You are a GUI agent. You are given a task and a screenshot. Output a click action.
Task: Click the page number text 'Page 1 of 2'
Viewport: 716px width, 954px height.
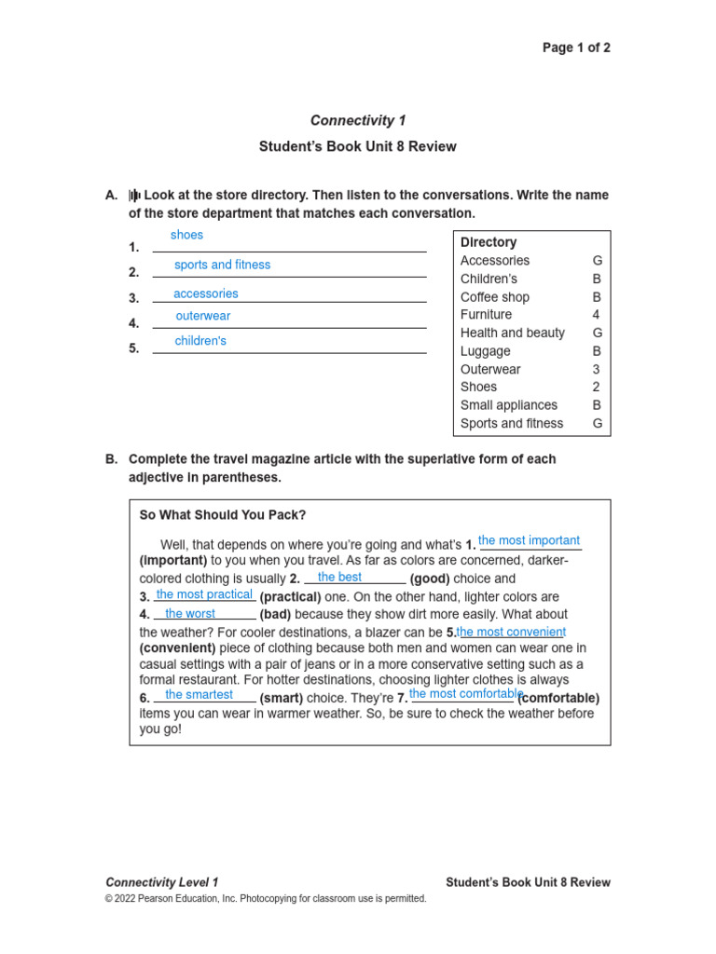coord(576,48)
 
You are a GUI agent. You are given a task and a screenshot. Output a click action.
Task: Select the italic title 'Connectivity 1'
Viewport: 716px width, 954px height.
coord(358,120)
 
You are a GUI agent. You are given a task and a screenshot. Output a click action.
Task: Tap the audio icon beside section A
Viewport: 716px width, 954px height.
coord(134,196)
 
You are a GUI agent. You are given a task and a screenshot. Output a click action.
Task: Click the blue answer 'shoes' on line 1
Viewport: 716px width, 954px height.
coord(186,235)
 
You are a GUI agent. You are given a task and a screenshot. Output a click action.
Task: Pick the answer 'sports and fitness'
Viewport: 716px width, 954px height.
coord(222,265)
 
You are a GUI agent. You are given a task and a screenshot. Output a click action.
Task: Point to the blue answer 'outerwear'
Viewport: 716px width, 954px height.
coord(202,316)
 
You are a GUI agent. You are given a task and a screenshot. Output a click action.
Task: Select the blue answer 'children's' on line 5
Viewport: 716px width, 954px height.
coord(200,341)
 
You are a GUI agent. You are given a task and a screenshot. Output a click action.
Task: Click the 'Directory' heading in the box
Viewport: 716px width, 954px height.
coord(489,242)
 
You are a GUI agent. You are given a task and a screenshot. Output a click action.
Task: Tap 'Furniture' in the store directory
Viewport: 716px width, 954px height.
coord(486,315)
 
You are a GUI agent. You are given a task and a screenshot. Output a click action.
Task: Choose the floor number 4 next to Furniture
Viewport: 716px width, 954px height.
coord(596,315)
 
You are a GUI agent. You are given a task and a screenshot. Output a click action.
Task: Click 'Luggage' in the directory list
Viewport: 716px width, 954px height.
coord(485,351)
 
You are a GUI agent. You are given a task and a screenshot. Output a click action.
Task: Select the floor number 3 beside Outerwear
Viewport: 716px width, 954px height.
coord(596,369)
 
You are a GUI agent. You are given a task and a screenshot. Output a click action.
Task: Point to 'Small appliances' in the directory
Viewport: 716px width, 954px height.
coord(508,405)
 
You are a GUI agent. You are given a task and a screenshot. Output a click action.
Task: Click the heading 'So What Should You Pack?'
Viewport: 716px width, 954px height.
coord(222,515)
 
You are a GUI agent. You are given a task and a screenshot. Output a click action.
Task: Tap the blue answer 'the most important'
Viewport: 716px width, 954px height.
coord(529,540)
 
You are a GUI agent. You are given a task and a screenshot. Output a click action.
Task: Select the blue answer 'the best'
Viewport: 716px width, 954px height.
coord(339,577)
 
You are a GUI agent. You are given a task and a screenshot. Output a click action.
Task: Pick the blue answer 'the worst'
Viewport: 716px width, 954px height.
coord(190,614)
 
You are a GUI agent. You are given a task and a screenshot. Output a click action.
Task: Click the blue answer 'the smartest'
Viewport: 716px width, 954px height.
coord(199,694)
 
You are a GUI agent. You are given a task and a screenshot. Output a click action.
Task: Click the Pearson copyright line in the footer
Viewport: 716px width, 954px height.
coord(266,899)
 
